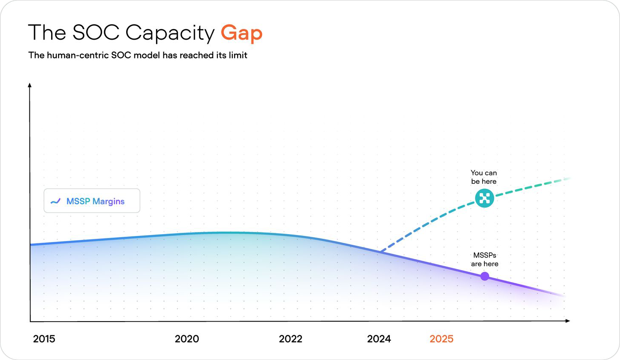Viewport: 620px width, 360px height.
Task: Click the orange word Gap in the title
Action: tap(241, 33)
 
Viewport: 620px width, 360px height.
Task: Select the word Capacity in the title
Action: tap(170, 33)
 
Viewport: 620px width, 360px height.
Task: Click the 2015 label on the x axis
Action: tap(44, 339)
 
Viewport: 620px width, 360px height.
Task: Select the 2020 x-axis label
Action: tap(187, 339)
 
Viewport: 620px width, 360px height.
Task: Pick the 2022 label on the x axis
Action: tap(290, 339)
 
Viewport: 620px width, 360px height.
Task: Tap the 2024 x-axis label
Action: tap(379, 339)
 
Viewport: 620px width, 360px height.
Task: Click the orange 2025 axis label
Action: tap(441, 339)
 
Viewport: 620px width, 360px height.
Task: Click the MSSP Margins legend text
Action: tap(96, 201)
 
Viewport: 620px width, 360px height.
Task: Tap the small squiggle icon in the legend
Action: tap(55, 201)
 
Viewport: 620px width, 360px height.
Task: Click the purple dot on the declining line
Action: tap(484, 276)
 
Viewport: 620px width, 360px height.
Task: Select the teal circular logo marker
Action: tap(484, 198)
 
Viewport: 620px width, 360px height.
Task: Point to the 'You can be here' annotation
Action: tap(484, 177)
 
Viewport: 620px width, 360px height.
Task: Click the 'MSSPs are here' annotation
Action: tap(484, 259)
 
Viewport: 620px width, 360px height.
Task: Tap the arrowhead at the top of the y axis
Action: tap(29, 85)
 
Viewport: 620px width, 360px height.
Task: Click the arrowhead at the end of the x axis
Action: tap(568, 321)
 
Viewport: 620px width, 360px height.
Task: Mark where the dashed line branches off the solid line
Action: tap(380, 252)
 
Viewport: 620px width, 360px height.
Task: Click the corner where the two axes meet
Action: tap(30, 321)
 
